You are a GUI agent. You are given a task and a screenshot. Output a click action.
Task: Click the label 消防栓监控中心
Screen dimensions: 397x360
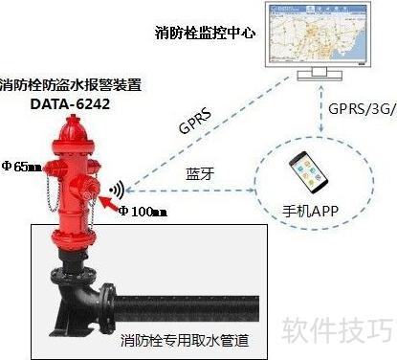pyautogui.click(x=205, y=33)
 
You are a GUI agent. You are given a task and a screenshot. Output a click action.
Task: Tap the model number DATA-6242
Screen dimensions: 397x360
pyautogui.click(x=70, y=104)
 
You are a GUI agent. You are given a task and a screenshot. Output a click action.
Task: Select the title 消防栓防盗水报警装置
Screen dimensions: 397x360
pyautogui.click(x=71, y=85)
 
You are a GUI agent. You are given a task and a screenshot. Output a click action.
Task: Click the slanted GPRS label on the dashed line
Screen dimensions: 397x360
pyautogui.click(x=195, y=122)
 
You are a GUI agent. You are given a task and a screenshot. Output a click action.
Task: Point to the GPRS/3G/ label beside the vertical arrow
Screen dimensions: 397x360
pyautogui.click(x=363, y=109)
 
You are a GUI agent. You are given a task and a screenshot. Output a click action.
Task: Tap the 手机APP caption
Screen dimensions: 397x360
pyautogui.click(x=310, y=211)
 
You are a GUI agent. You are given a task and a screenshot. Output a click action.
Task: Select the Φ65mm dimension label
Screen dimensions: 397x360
pyautogui.click(x=22, y=166)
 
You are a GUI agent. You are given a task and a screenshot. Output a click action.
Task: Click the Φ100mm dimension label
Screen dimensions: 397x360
pyautogui.click(x=143, y=211)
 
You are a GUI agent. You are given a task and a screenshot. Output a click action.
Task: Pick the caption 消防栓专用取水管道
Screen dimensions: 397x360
pyautogui.click(x=185, y=340)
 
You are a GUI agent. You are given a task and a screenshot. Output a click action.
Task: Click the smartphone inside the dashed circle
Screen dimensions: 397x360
pyautogui.click(x=308, y=172)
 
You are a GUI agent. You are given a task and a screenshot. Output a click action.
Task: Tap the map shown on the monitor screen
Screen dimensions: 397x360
pyautogui.click(x=317, y=34)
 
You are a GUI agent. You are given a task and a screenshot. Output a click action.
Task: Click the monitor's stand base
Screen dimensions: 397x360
pyautogui.click(x=320, y=76)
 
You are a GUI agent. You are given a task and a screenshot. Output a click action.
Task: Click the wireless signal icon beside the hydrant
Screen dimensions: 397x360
pyautogui.click(x=117, y=190)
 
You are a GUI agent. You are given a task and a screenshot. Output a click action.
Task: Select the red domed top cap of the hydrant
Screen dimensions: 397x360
pyautogui.click(x=74, y=129)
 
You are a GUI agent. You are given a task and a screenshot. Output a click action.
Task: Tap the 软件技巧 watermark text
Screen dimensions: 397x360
pyautogui.click(x=338, y=330)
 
